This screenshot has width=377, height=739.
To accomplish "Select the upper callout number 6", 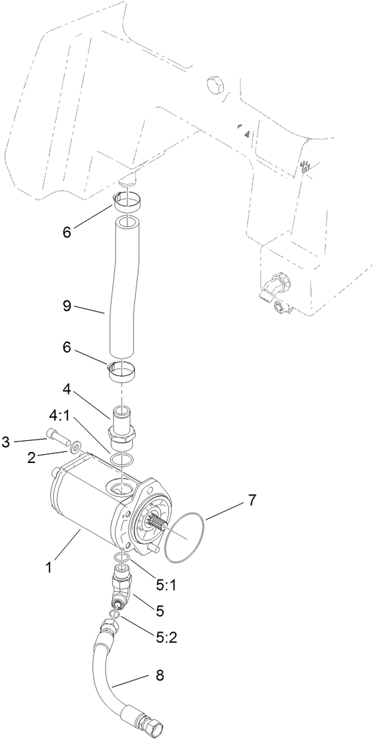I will (x=66, y=233).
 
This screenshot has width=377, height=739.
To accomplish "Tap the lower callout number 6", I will (x=66, y=348).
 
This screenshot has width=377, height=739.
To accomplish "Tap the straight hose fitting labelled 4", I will (x=122, y=428).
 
